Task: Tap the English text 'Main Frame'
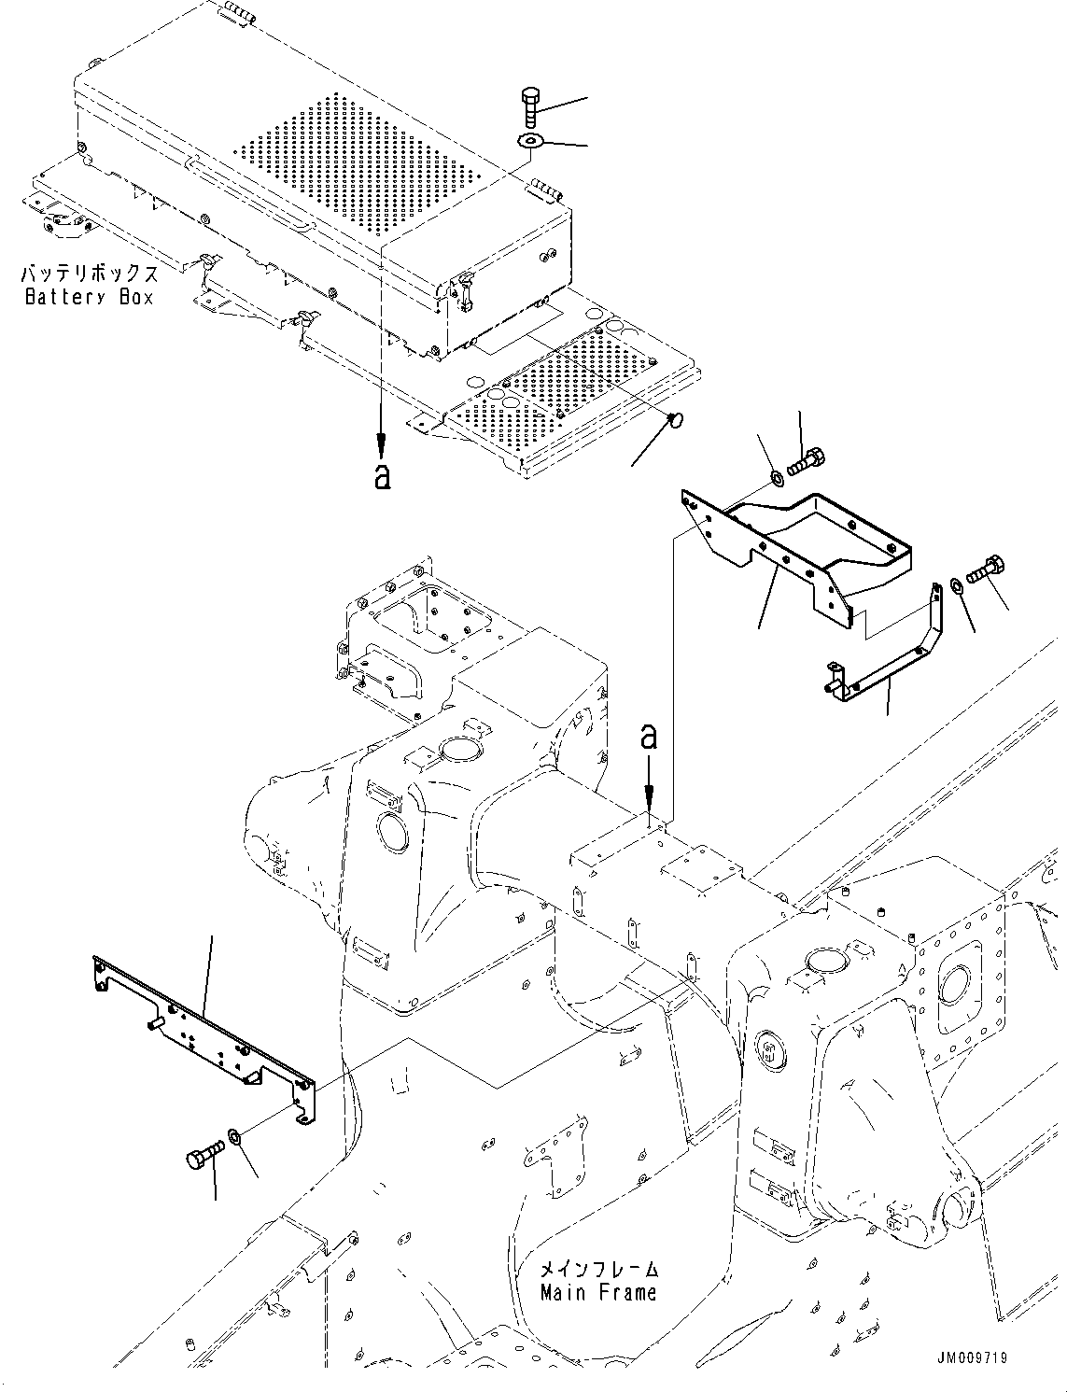pos(598,1292)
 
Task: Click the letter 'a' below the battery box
pos(381,477)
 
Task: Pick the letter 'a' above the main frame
pos(649,738)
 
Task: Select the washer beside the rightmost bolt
pos(957,585)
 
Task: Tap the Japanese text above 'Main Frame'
pos(598,1269)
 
